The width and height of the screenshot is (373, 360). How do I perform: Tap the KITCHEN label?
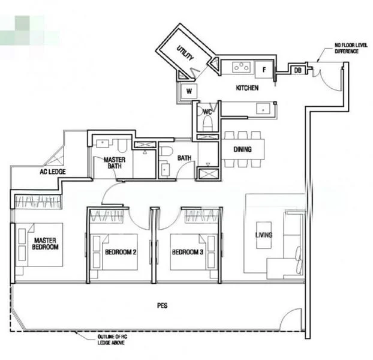pos(247,88)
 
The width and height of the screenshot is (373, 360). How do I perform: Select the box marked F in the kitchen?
pos(264,69)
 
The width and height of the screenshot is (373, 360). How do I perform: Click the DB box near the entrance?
pos(298,70)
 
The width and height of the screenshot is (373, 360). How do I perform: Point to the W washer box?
pos(188,92)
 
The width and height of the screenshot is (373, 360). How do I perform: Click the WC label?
pos(207,112)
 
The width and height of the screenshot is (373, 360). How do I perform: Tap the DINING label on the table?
pos(242,149)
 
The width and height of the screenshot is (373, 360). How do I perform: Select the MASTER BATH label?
pos(114,164)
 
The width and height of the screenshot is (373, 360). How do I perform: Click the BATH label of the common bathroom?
pos(184,158)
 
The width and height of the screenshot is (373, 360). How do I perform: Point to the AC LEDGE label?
pos(53,172)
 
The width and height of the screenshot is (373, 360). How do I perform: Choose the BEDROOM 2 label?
pos(121,253)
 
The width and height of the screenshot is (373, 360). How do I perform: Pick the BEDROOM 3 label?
pos(187,253)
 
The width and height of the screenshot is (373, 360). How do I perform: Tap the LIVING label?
pos(264,235)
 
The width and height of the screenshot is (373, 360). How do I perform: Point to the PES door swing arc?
pos(292,318)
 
